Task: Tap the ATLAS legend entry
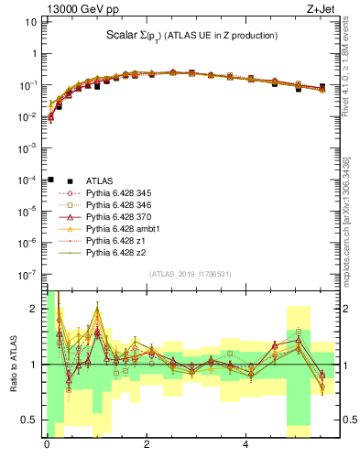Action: (x=99, y=181)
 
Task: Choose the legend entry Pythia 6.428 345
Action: (x=121, y=193)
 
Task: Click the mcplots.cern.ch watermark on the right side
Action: (x=351, y=229)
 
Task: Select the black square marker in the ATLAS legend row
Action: (x=51, y=181)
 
